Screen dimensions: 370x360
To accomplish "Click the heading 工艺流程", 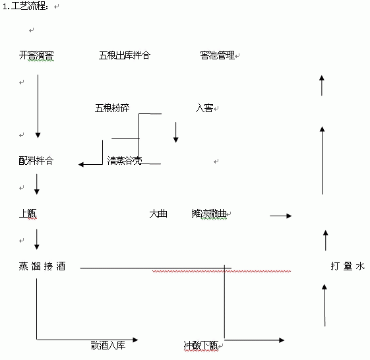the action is click(x=29, y=6).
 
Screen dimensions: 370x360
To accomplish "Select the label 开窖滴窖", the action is click(x=36, y=55).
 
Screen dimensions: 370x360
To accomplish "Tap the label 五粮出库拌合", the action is click(x=125, y=55).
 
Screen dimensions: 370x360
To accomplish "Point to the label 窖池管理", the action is click(x=218, y=55).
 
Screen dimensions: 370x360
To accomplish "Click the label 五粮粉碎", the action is click(x=112, y=108).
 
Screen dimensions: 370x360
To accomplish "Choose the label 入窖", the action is click(x=204, y=108).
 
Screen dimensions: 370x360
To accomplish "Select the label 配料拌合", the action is click(x=36, y=161).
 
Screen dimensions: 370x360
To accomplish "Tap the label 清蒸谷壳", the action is click(x=125, y=160).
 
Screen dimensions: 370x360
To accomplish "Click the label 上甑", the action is click(x=28, y=214).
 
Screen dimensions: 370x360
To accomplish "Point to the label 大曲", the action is click(x=158, y=214).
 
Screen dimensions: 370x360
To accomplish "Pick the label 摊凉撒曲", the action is click(x=209, y=214).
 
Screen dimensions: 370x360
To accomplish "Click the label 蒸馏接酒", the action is click(x=42, y=266).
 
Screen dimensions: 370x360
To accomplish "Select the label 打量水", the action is click(x=348, y=266).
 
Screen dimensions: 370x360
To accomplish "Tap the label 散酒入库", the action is click(x=108, y=345).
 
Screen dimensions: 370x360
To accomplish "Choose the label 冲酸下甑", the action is click(x=201, y=345).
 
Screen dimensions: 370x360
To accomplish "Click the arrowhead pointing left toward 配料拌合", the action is click(x=81, y=164).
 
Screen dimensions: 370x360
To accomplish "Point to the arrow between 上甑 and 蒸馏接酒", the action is click(x=37, y=239).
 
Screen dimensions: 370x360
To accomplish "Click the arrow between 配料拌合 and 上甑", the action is click(x=37, y=184).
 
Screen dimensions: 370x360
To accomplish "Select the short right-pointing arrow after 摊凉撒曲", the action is click(x=281, y=216).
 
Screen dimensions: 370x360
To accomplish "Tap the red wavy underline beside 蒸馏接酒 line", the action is click(x=222, y=272).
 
